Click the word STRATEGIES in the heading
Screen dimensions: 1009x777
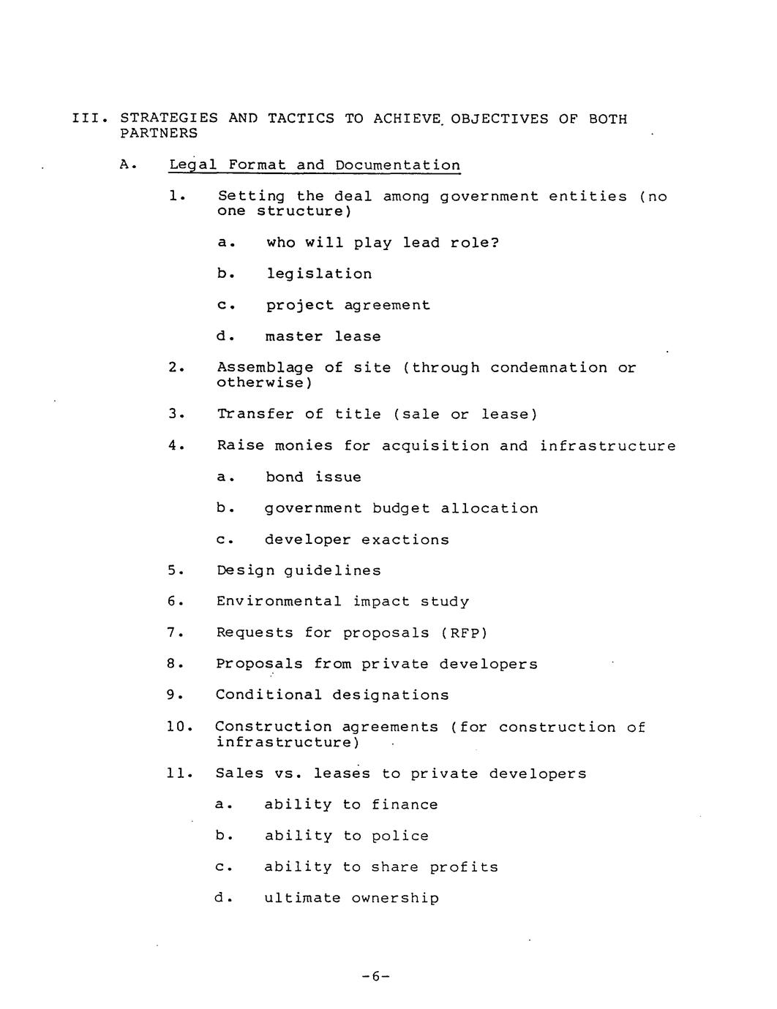pos(169,118)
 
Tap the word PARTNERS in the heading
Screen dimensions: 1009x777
pos(159,134)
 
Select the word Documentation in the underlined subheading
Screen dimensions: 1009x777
pos(398,165)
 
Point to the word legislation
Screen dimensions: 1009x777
pos(319,274)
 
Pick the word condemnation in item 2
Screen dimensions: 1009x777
pos(549,368)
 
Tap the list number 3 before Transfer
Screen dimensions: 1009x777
pos(173,415)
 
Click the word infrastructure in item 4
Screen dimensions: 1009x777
pos(608,446)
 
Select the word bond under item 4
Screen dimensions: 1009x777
pos(285,477)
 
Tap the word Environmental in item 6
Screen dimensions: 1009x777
pos(279,602)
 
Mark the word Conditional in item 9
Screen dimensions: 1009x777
pos(269,695)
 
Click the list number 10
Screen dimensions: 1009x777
pos(178,728)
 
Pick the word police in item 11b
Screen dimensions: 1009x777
pos(400,836)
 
